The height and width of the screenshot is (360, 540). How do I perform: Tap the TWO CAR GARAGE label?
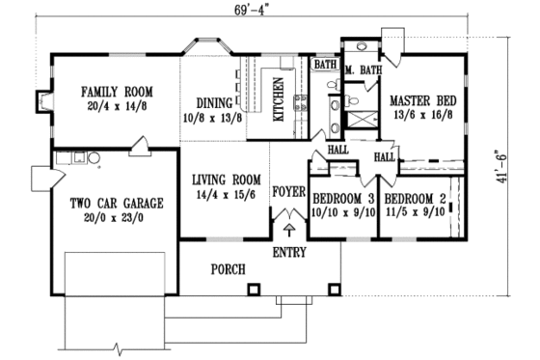click(116, 204)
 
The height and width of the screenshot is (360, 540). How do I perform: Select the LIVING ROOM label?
click(228, 180)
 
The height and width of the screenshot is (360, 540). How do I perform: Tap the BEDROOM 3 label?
click(343, 199)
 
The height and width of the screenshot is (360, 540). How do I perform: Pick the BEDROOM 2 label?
click(418, 199)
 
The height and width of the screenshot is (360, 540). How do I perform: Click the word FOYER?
click(287, 190)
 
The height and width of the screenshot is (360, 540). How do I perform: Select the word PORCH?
click(228, 268)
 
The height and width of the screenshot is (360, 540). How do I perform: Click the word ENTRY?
click(290, 253)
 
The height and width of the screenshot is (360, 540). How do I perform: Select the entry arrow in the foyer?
click(287, 227)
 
